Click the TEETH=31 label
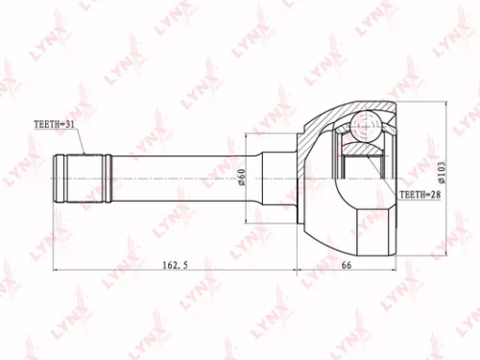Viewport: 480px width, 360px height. pos(55,124)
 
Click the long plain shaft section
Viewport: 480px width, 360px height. pos(182,179)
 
